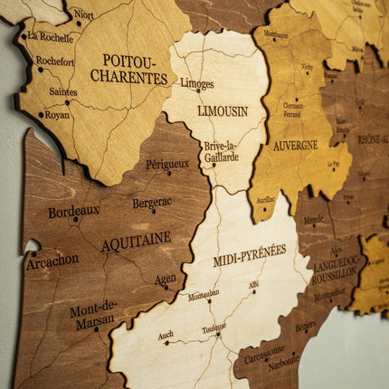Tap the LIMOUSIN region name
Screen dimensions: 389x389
point(222,110)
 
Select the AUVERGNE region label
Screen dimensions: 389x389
point(295,145)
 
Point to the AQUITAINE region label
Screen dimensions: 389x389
point(136,242)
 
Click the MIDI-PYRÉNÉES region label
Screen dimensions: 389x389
point(249,254)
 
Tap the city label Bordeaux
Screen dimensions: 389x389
point(73,212)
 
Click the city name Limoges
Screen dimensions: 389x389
point(196,83)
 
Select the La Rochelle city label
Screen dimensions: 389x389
point(50,37)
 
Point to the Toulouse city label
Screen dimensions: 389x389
point(213,327)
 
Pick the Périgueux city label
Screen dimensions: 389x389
point(166,165)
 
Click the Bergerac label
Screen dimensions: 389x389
point(151,203)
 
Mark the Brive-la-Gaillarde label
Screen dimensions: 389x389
point(221,151)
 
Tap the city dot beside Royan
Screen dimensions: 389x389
point(41,115)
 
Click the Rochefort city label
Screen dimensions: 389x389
point(54,62)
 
